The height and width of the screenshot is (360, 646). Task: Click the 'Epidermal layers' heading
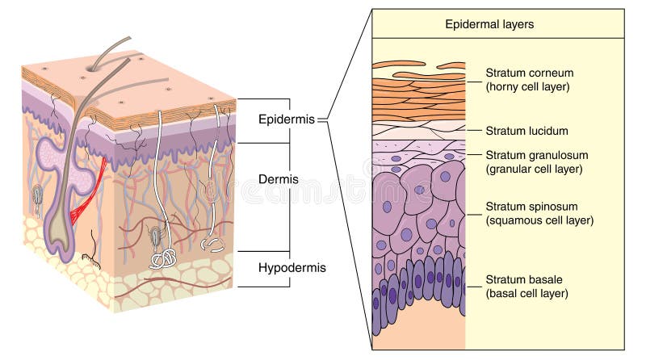(489, 24)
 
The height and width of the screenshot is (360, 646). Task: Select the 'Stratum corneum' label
(529, 73)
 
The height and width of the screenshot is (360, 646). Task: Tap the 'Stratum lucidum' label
(526, 130)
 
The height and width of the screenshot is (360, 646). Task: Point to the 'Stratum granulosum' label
(536, 155)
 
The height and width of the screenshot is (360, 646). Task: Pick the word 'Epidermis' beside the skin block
(287, 119)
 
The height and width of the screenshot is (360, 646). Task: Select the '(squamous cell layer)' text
(539, 220)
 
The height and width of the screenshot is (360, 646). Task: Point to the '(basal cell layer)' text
(526, 293)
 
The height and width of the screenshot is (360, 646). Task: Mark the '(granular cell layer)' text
(535, 169)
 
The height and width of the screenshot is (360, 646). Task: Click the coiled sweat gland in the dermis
(164, 257)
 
